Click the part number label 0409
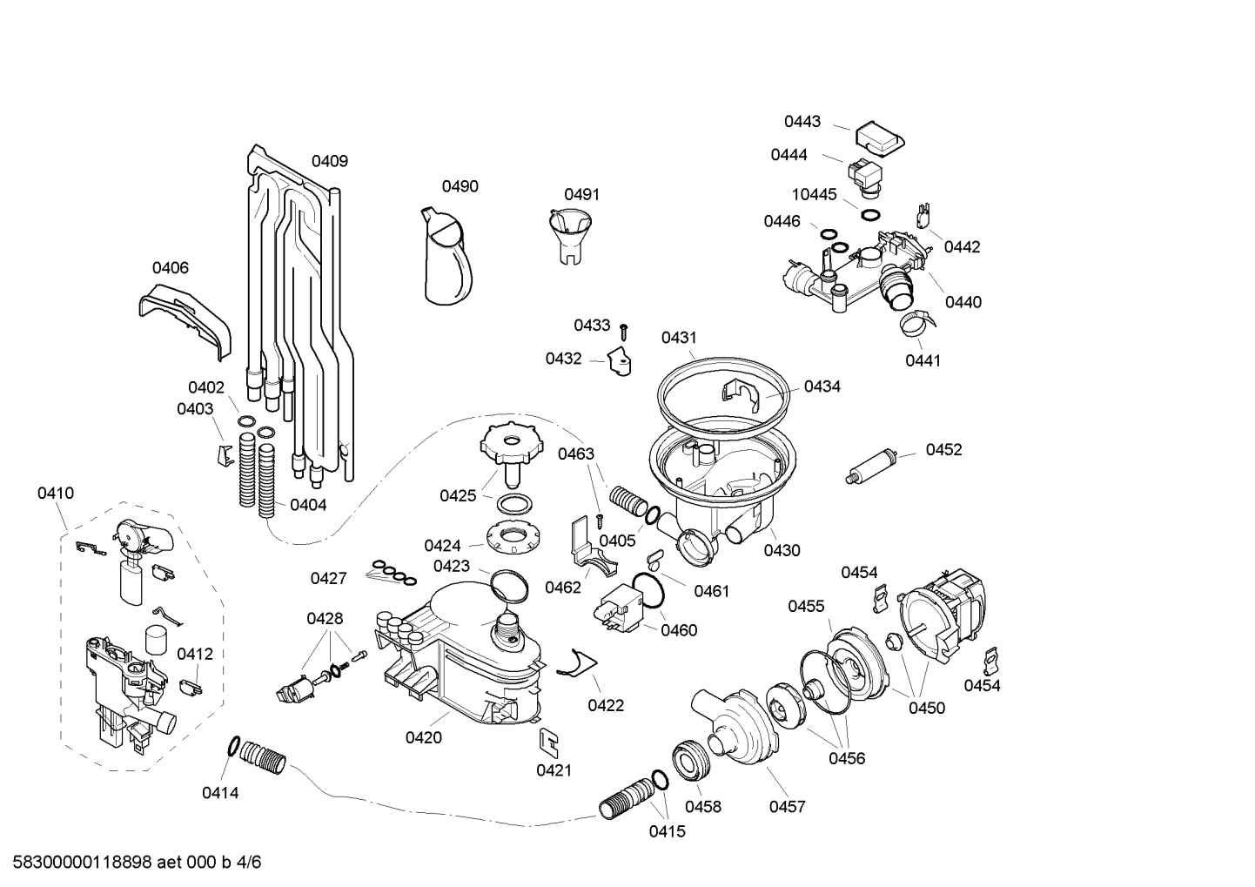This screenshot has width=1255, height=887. (x=330, y=161)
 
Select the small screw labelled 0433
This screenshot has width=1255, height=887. (x=624, y=331)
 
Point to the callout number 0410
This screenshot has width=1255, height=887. (x=56, y=494)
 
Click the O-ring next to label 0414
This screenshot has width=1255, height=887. (x=232, y=746)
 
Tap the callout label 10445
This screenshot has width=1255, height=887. (x=814, y=194)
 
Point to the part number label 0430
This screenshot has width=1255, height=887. (x=782, y=550)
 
